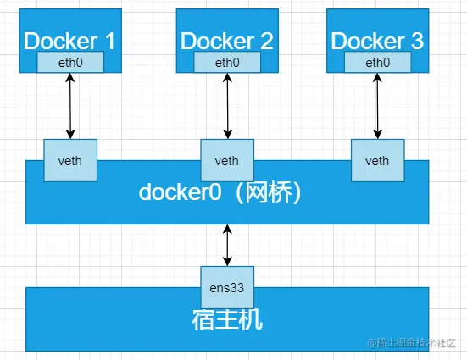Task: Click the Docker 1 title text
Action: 70,40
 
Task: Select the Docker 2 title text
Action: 226,40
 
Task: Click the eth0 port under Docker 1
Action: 70,62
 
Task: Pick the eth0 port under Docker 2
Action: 226,62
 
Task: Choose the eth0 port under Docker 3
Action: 375,62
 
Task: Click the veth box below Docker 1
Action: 70,161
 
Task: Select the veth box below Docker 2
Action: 226,161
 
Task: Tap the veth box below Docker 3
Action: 377,161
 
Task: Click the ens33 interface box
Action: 226,287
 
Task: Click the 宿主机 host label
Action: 226,320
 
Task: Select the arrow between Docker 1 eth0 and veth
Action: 70,106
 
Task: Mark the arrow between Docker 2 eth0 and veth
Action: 226,106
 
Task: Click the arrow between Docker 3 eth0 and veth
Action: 375,106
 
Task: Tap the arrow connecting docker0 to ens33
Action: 226,245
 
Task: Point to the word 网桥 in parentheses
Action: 273,192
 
